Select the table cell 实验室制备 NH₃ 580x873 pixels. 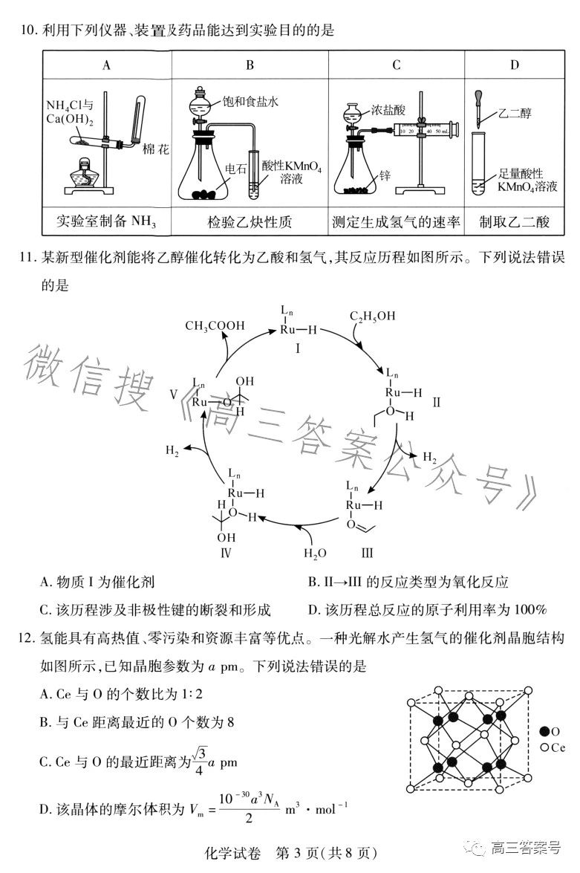(x=107, y=221)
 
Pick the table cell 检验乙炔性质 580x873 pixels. (x=250, y=221)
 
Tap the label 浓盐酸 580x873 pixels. (x=391, y=109)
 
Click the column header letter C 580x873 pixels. (x=397, y=65)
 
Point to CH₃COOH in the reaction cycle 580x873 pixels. (x=214, y=325)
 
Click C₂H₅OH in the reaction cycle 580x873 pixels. (x=372, y=317)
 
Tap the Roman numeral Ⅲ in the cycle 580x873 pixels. (x=367, y=554)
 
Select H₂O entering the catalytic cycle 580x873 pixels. (x=315, y=554)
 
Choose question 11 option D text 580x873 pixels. (x=427, y=610)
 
